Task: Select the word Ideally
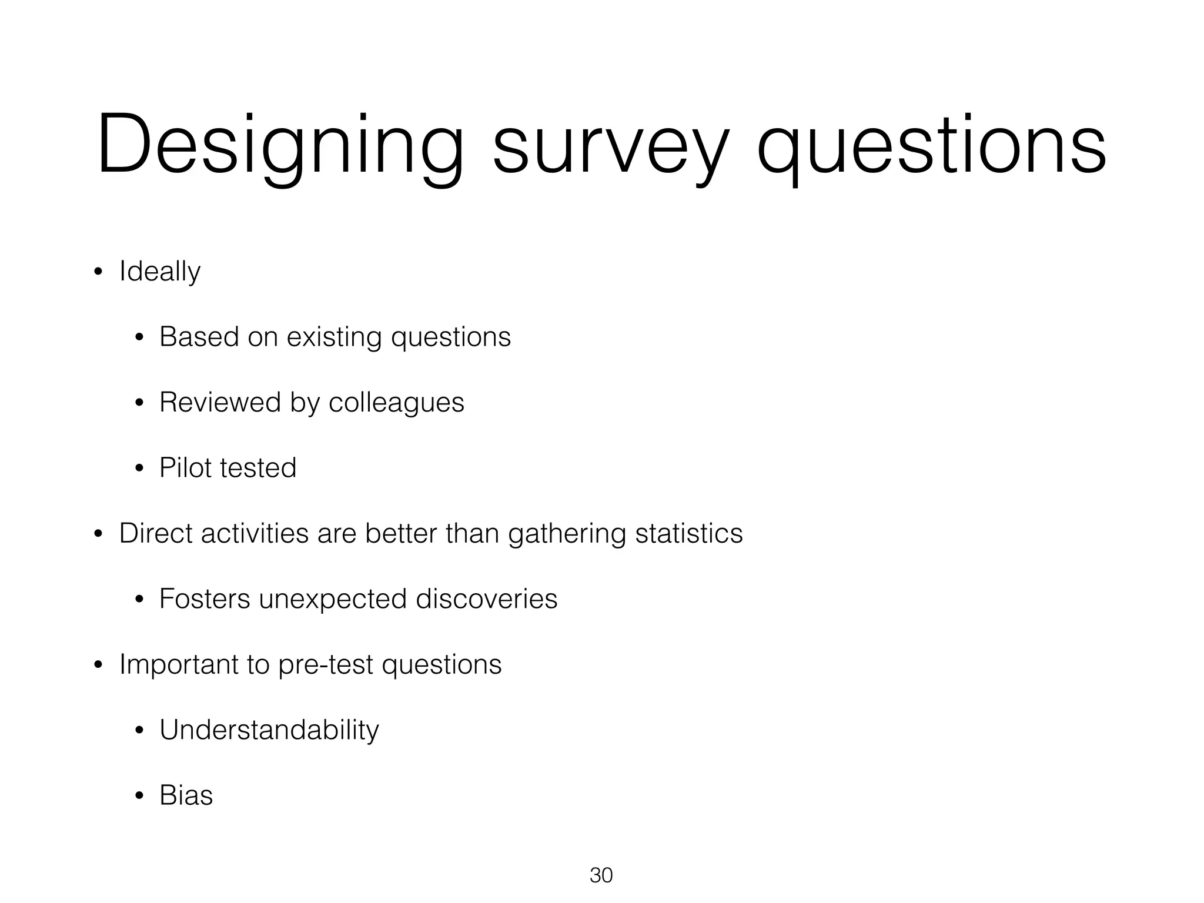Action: tap(160, 272)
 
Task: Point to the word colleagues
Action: tap(396, 403)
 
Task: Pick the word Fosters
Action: tap(205, 599)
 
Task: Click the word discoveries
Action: tap(486, 599)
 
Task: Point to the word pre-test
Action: tap(325, 665)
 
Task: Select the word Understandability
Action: tap(269, 731)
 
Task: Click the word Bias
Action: tap(186, 795)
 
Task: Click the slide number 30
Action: tap(601, 875)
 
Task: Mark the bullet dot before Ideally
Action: tap(98, 272)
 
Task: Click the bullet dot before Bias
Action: tap(139, 797)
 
